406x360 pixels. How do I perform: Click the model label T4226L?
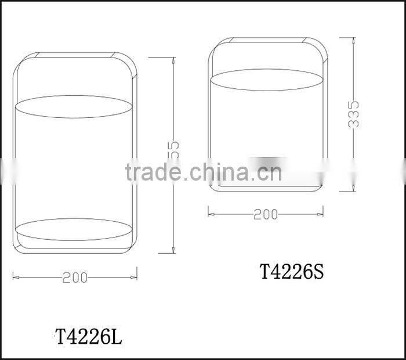click(89, 336)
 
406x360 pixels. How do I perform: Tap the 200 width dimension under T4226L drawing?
click(75, 278)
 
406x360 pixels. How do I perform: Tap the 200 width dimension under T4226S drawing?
click(266, 214)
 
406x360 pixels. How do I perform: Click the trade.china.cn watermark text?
click(203, 172)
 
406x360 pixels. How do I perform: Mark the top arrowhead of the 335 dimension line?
click(354, 40)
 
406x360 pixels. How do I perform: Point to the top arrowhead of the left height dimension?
click(174, 60)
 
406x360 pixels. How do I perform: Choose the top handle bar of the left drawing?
click(74, 56)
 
